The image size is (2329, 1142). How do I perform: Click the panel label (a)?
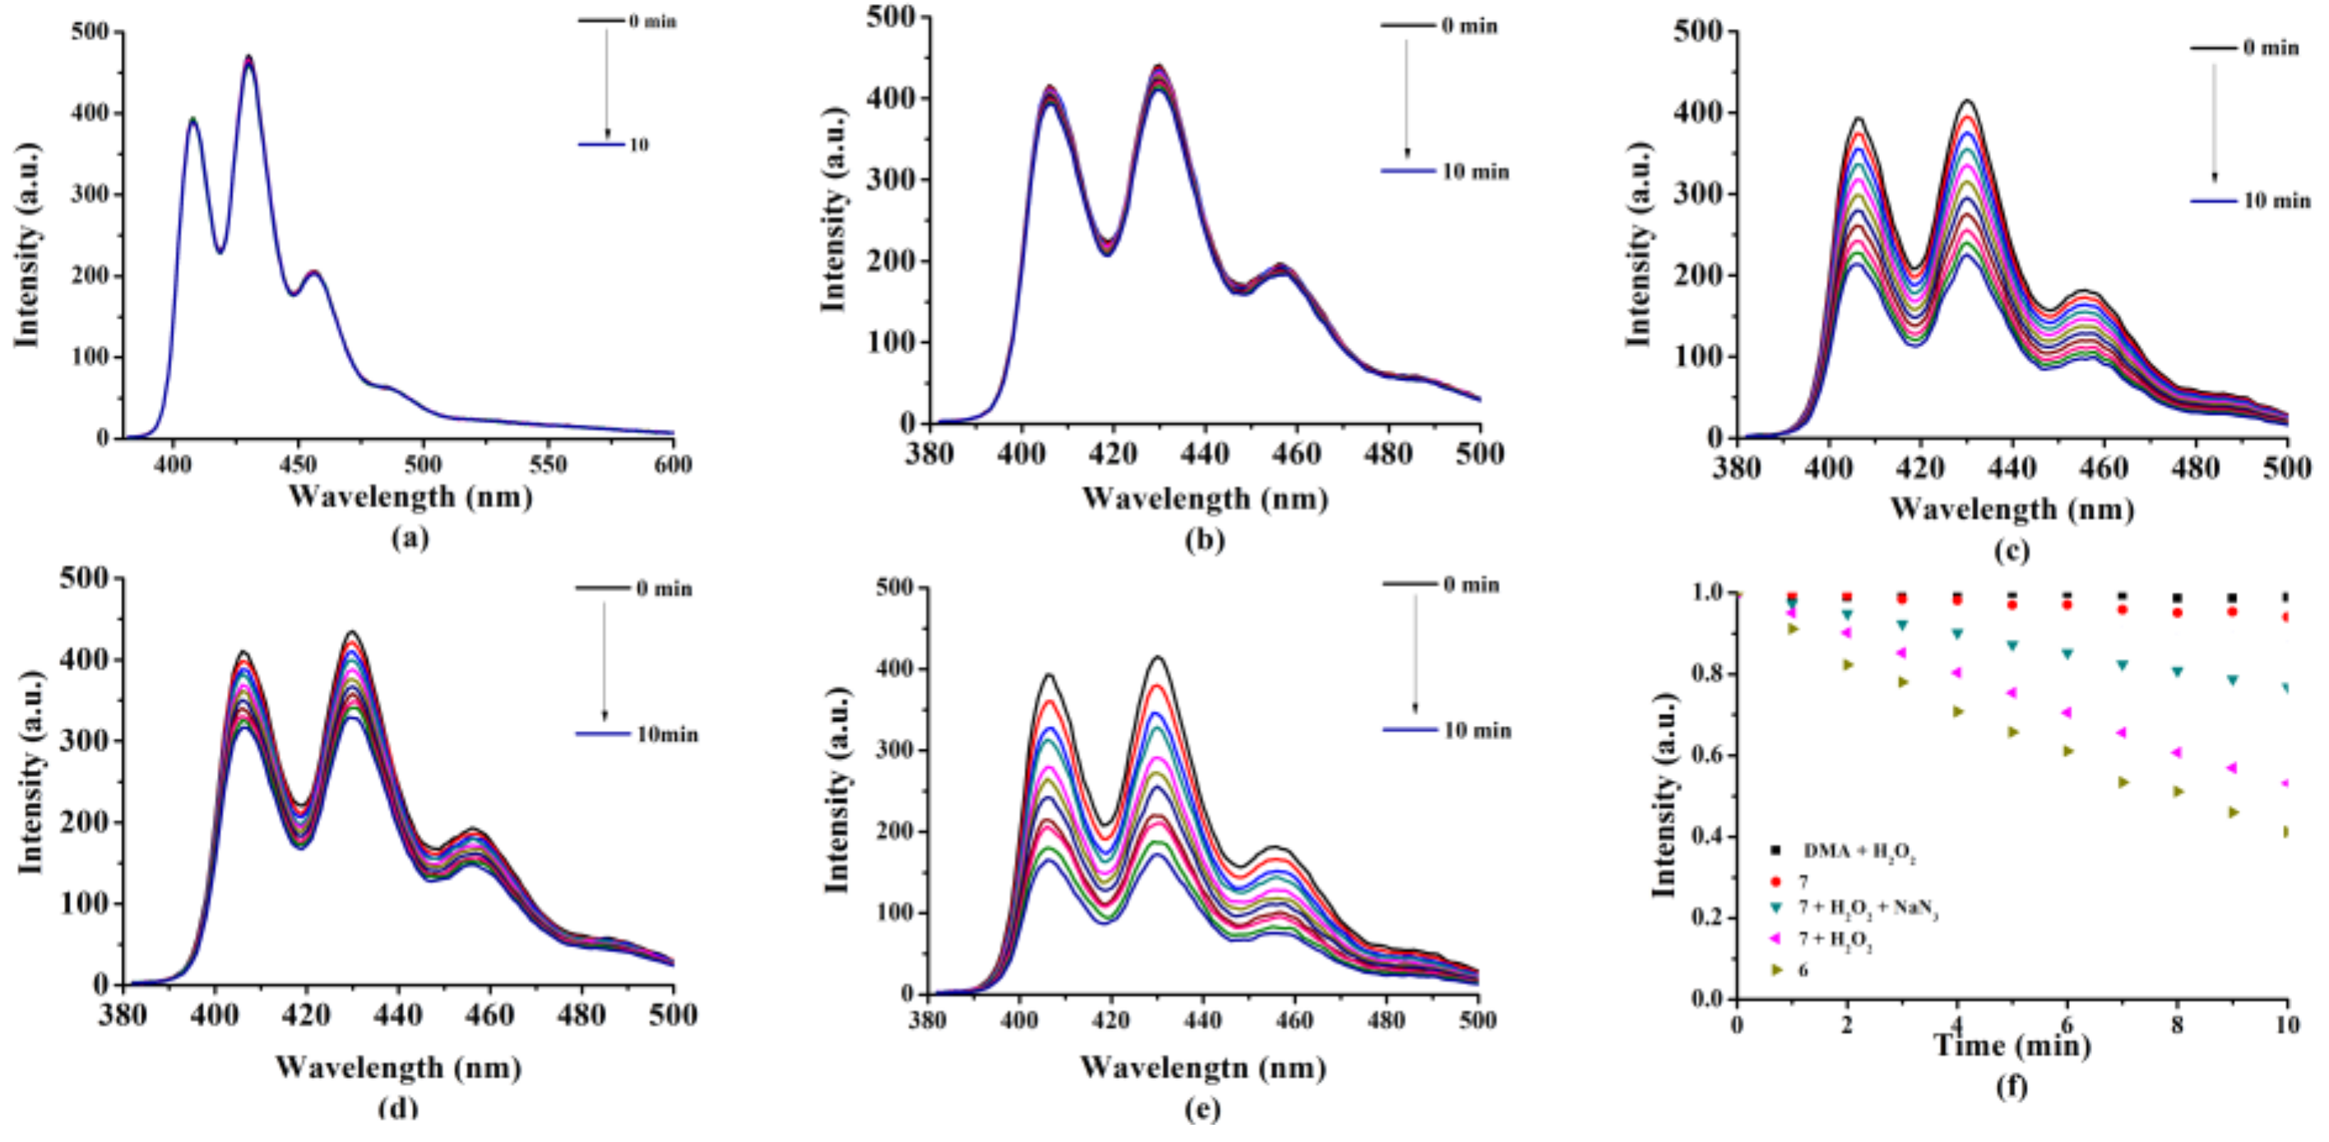(x=410, y=539)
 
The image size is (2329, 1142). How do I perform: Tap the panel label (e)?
(x=1203, y=1108)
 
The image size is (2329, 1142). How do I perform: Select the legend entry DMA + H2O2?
(x=1859, y=852)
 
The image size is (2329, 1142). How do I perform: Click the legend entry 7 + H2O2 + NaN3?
(x=1867, y=909)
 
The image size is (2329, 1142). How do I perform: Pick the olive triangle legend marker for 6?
(x=1776, y=969)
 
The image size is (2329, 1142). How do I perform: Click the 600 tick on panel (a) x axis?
(x=672, y=465)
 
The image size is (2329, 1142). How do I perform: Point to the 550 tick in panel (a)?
(x=547, y=465)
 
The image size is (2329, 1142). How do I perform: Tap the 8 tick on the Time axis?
(x=2177, y=1025)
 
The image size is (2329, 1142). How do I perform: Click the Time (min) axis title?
(x=2012, y=1046)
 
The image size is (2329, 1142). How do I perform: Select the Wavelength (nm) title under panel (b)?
(x=1204, y=498)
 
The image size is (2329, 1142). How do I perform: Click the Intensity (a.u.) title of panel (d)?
(x=31, y=783)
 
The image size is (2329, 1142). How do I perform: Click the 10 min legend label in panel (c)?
(x=2276, y=201)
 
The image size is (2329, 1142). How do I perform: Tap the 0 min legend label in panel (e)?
(x=1471, y=585)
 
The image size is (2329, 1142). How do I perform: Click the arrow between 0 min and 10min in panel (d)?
(x=604, y=660)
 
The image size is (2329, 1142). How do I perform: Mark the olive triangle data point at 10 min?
(x=2287, y=831)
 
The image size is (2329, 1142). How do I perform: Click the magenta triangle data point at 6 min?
(x=2066, y=713)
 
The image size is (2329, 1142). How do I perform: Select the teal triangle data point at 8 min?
(x=2177, y=672)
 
